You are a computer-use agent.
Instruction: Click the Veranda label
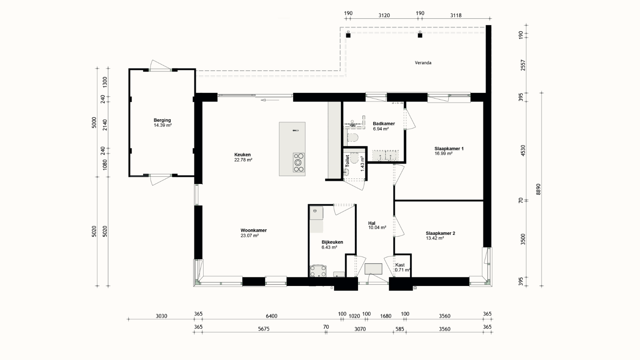423,63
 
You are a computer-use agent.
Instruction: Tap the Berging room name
162,120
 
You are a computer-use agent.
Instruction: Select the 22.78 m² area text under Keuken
243,160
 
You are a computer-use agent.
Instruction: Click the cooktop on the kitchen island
298,162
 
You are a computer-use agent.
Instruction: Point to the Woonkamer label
254,230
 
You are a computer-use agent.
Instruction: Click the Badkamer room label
384,124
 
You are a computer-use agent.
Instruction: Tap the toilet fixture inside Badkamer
352,138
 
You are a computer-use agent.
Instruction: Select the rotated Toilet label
347,161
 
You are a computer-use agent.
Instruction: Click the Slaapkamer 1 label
449,148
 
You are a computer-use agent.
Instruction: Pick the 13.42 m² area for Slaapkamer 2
435,238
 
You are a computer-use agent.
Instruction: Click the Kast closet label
400,265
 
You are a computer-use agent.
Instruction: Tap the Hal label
372,223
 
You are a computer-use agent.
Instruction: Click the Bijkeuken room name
332,242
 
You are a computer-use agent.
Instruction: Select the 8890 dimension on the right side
538,189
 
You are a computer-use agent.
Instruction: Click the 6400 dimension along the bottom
271,316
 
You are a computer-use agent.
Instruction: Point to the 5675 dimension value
264,329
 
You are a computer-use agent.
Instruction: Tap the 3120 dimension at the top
384,16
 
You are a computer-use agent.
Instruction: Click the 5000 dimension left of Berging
94,122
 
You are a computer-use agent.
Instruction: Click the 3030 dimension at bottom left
161,316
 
